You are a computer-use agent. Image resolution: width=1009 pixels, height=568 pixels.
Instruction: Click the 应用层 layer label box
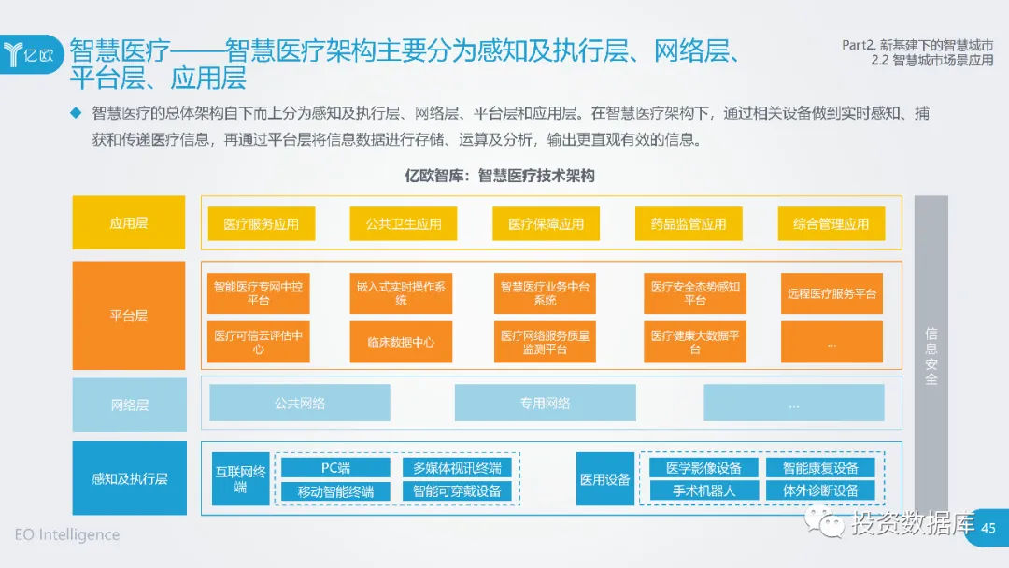click(129, 223)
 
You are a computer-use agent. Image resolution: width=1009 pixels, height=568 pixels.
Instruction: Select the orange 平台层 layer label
click(129, 316)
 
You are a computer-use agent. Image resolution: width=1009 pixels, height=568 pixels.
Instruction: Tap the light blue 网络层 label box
click(129, 405)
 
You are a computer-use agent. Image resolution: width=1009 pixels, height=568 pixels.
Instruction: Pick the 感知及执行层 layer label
click(129, 478)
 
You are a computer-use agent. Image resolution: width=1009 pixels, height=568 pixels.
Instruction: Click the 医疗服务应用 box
click(262, 223)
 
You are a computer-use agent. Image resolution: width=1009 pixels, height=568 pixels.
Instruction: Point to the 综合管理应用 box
click(831, 223)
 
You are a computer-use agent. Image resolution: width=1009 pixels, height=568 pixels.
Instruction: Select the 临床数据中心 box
click(401, 342)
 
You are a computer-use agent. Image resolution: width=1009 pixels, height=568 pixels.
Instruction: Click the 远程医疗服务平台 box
click(831, 293)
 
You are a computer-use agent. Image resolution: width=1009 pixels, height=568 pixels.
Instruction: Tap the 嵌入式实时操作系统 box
click(401, 293)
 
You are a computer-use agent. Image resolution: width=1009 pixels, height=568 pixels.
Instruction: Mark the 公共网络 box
click(300, 403)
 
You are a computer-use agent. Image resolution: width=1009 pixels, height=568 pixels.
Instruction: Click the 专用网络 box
click(546, 403)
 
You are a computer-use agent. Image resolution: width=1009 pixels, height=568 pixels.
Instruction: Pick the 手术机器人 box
click(703, 490)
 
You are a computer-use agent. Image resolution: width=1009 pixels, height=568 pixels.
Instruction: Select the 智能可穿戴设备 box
click(457, 490)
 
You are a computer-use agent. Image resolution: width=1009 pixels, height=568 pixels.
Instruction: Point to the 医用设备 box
click(604, 479)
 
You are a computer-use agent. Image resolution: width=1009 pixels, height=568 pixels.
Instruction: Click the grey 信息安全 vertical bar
click(931, 355)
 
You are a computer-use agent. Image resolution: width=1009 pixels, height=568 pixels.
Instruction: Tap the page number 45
click(988, 529)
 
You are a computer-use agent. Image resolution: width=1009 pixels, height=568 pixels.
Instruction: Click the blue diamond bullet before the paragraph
click(77, 113)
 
